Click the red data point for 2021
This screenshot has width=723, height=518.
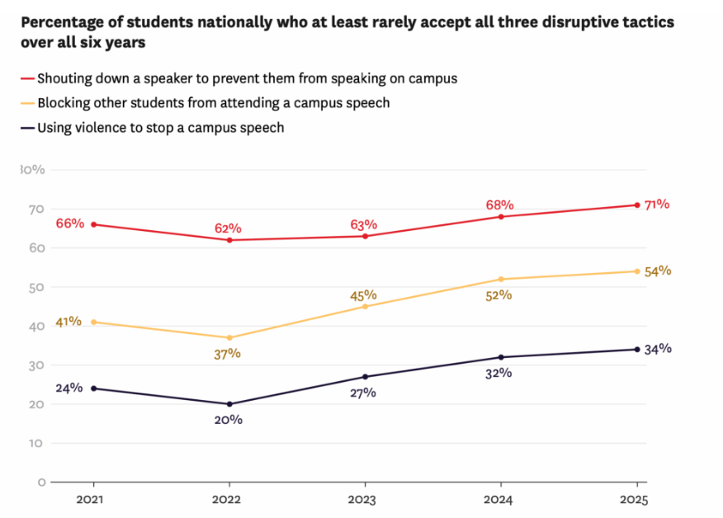click(92, 224)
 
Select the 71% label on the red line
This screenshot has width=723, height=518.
click(657, 205)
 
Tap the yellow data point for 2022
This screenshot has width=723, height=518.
click(229, 337)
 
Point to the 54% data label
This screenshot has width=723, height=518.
click(658, 271)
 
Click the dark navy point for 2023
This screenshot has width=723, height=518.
click(364, 377)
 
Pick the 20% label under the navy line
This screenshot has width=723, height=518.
click(229, 420)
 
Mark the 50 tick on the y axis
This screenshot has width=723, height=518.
click(38, 287)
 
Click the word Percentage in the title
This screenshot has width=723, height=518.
click(59, 22)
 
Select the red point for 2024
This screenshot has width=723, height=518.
click(500, 216)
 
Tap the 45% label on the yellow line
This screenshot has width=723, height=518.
click(363, 294)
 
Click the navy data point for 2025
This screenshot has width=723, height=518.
click(636, 349)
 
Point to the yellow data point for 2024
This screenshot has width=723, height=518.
click(500, 279)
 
